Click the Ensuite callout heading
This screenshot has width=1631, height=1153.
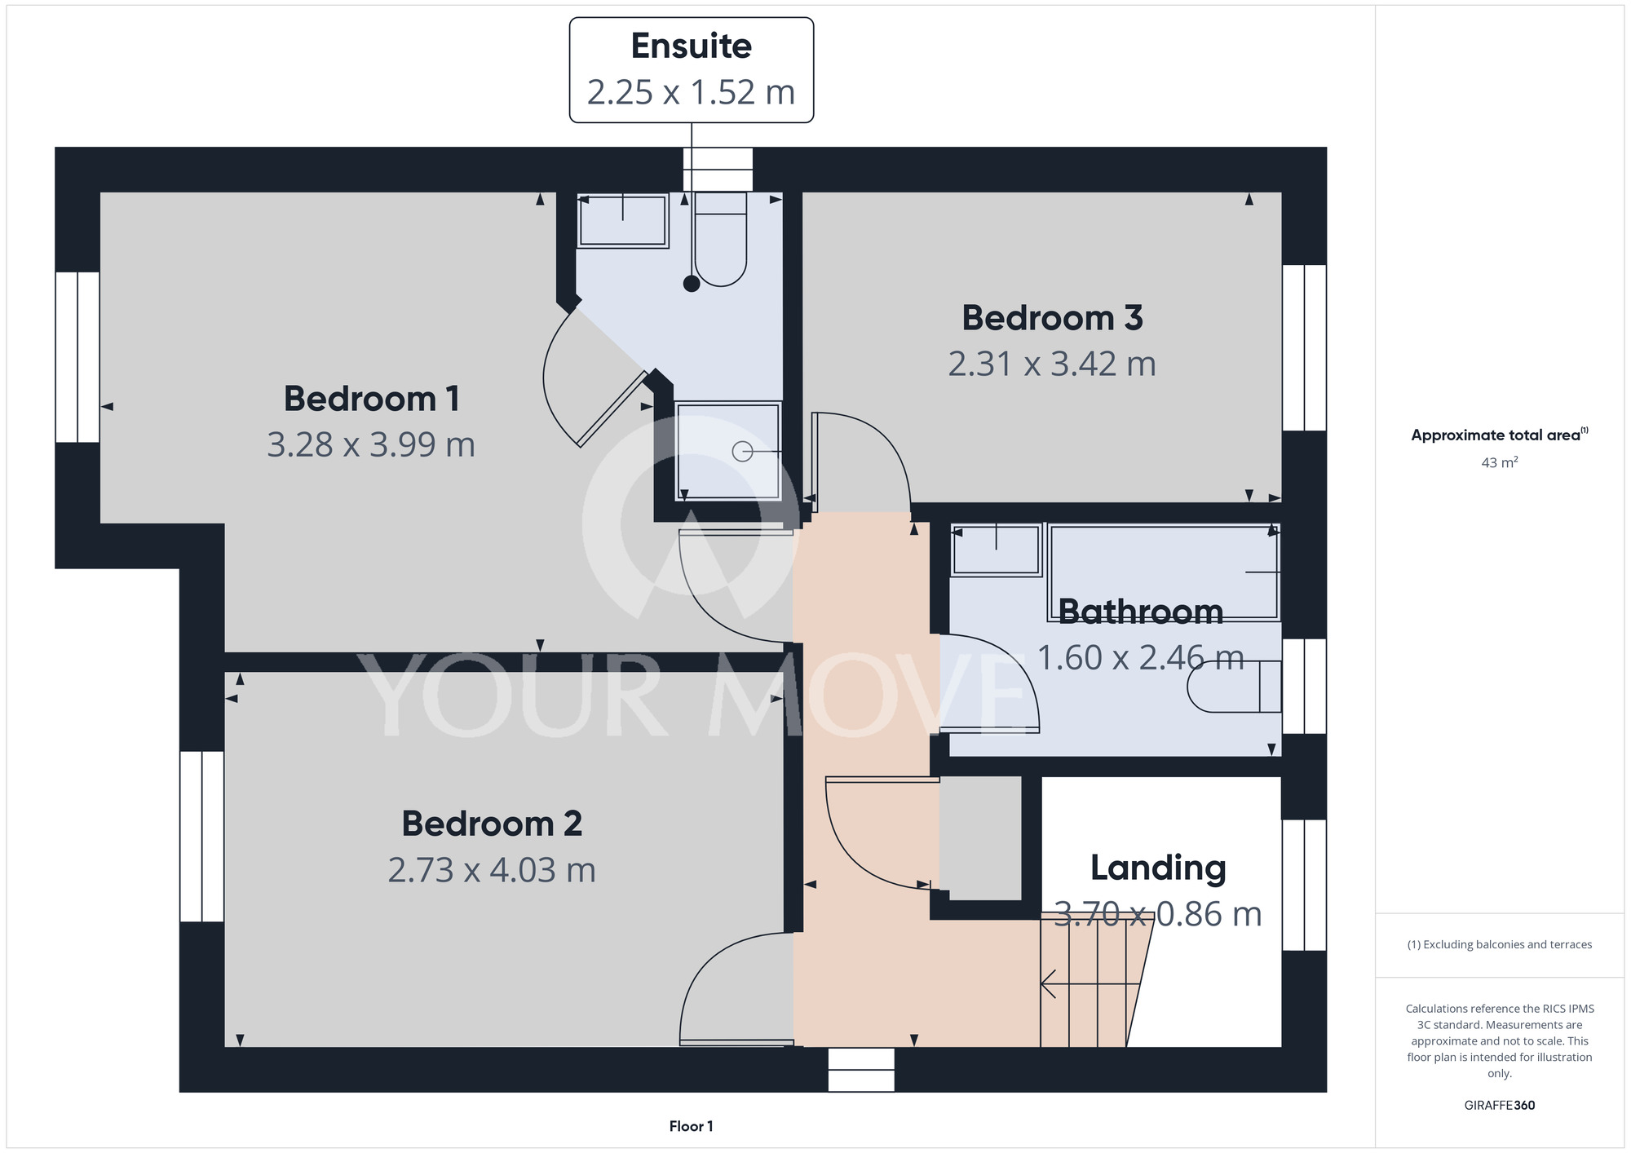click(692, 46)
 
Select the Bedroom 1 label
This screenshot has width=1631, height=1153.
click(371, 399)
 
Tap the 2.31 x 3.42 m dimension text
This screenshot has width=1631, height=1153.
click(1052, 364)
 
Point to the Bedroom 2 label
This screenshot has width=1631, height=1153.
click(492, 824)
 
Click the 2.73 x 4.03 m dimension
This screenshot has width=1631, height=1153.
click(492, 870)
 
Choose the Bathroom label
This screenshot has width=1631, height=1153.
click(1141, 612)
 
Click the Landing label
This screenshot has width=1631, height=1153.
click(1158, 868)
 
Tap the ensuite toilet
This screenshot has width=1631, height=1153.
click(721, 239)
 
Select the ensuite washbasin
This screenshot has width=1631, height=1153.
click(623, 220)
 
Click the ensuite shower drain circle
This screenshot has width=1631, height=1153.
click(742, 451)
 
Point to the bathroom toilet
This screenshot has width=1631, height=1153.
click(1234, 686)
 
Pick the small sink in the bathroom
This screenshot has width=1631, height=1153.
click(996, 550)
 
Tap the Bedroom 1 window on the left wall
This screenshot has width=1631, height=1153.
click(77, 357)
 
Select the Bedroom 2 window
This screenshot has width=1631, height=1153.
click(201, 837)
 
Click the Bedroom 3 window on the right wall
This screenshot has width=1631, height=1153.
click(1304, 347)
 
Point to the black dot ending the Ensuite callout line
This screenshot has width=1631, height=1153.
click(692, 284)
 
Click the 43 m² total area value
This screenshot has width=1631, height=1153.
click(1500, 462)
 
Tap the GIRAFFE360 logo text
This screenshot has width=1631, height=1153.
click(1500, 1105)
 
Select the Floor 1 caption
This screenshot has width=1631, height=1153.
click(691, 1126)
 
